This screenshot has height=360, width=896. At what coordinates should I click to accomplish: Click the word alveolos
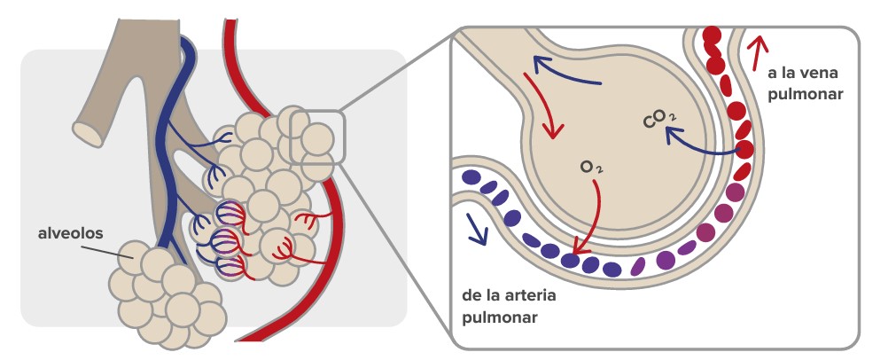point(70,234)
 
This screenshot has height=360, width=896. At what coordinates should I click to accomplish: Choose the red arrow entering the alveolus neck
point(542,106)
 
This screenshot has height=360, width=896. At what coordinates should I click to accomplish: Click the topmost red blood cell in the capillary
point(710,36)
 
